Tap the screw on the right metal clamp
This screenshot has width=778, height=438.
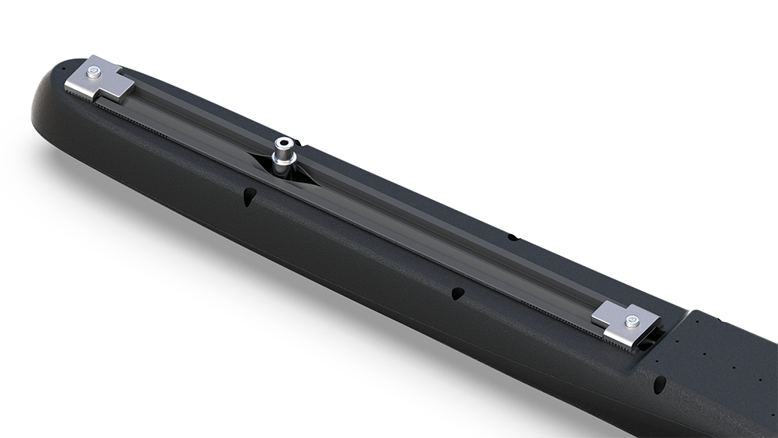click(x=632, y=320)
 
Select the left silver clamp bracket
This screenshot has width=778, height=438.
click(x=101, y=80)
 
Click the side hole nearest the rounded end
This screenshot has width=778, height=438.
click(x=248, y=195)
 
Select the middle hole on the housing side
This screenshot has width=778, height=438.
click(x=457, y=293)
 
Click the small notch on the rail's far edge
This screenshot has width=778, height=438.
click(x=511, y=236)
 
